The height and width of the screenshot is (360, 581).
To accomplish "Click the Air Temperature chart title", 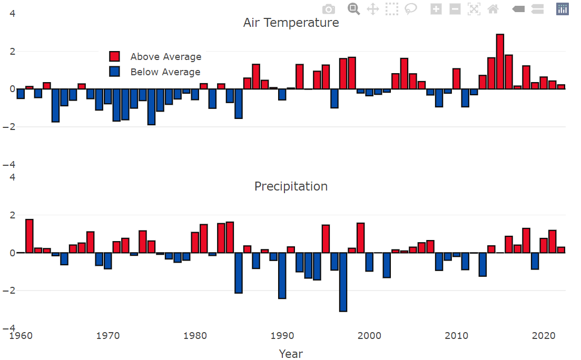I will tap(291, 23).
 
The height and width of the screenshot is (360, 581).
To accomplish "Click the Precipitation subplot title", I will tap(291, 186).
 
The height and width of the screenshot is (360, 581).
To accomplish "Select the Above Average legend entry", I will tap(165, 57).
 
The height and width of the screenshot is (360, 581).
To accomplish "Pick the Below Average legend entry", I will tap(165, 72).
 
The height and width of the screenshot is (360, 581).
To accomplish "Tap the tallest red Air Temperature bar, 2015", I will tap(500, 62).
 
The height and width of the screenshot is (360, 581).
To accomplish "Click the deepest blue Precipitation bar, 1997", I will tap(343, 282).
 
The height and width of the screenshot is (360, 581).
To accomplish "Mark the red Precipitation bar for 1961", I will tap(29, 236).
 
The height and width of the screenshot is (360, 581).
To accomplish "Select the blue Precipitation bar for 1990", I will tap(282, 276).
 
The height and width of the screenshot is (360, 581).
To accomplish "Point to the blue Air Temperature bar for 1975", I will tap(151, 107).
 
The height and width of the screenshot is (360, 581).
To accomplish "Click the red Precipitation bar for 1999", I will tap(360, 238).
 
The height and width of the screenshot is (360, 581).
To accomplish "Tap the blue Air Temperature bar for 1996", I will tap(334, 98).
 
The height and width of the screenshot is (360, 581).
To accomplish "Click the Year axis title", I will tap(291, 354).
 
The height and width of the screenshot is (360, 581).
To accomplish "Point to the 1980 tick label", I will tap(195, 336).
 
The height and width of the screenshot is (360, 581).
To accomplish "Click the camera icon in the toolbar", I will tap(328, 9).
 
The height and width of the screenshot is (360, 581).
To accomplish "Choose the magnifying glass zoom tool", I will tap(353, 9).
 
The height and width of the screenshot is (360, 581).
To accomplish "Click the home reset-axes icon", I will tap(493, 9).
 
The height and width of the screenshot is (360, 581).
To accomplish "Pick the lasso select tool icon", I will tap(411, 9).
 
